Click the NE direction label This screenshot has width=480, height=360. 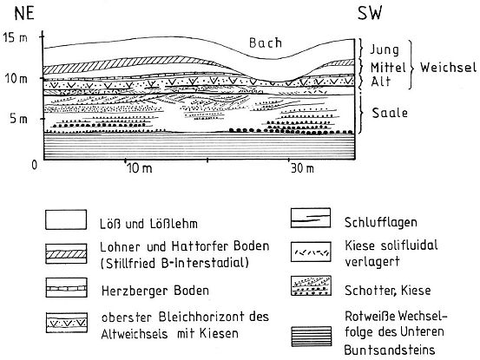[x=24, y=14]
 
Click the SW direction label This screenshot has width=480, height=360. [x=370, y=14]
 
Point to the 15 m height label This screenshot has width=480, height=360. [x=15, y=38]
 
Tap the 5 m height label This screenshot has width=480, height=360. [x=19, y=118]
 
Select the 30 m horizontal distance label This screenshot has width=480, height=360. [x=302, y=168]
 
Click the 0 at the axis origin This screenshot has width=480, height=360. [x=35, y=165]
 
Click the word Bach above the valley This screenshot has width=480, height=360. [x=266, y=43]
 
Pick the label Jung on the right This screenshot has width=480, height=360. [x=385, y=49]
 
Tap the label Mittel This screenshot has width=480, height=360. [x=388, y=67]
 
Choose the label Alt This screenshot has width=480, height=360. [x=381, y=82]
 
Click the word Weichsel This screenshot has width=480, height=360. [x=448, y=68]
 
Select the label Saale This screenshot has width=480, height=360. [x=390, y=113]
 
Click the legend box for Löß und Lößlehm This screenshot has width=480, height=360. [x=66, y=219]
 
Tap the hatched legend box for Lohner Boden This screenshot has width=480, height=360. [x=66, y=253]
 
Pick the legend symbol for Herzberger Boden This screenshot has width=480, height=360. [x=66, y=287]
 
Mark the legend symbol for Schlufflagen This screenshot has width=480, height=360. [x=311, y=218]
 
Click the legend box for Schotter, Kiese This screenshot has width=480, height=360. [x=311, y=285]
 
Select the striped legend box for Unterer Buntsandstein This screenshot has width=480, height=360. [x=312, y=336]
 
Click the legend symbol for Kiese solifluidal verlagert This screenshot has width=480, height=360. [x=311, y=252]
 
